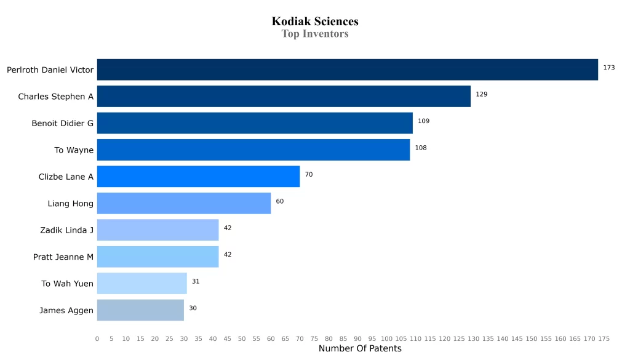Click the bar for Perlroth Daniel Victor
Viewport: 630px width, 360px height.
pos(348,70)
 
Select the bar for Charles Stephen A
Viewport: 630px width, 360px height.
pos(284,97)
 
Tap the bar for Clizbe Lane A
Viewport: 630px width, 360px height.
pos(198,177)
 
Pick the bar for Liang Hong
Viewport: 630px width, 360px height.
pos(184,203)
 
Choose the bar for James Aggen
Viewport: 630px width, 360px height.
pos(140,310)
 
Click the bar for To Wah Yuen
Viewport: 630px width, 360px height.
pos(142,284)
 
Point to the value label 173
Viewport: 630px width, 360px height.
pos(608,68)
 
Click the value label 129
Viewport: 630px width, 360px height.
pos(481,94)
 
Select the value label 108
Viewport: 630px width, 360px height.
pos(420,148)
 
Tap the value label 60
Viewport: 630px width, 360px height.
pos(279,201)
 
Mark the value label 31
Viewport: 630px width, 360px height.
pos(196,281)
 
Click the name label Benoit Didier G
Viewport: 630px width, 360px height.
pos(63,124)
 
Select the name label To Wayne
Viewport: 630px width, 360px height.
pos(74,150)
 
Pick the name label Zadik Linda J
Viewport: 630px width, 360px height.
pos(66,230)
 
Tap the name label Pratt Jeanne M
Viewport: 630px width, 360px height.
pos(63,257)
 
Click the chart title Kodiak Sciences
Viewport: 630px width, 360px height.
pos(315,22)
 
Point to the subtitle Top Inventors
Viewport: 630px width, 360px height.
pos(315,34)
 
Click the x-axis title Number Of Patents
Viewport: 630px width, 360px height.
pos(360,349)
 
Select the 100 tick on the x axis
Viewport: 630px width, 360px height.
pos(386,338)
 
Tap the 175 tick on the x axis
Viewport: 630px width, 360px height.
pos(604,338)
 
